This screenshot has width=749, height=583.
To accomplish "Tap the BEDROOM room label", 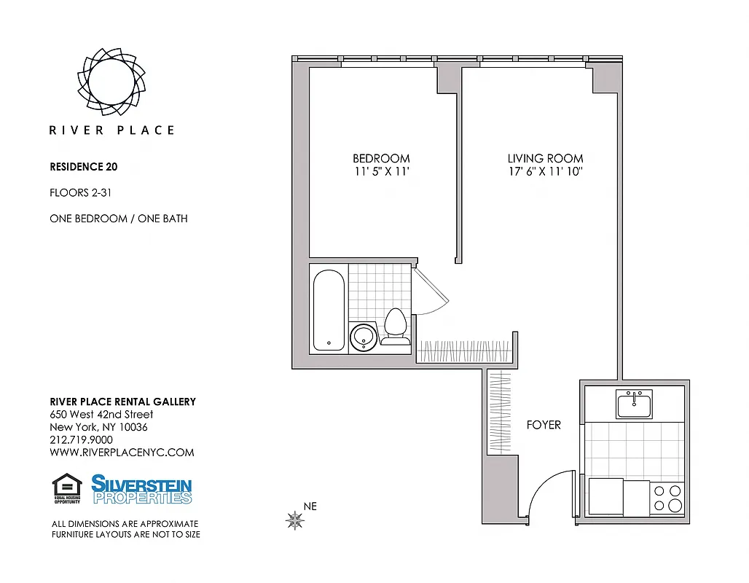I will click(x=381, y=158).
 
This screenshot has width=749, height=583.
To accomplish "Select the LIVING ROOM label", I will click(x=545, y=158).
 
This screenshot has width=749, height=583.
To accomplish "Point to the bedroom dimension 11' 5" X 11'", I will click(x=381, y=172).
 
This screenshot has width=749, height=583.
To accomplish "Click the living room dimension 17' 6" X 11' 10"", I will click(x=545, y=172).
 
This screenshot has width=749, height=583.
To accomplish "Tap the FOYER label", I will click(x=544, y=425).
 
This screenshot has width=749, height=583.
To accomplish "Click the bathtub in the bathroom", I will click(x=328, y=308).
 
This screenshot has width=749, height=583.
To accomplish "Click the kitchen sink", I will click(x=635, y=404).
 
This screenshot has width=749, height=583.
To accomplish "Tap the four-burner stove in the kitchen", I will click(x=667, y=498).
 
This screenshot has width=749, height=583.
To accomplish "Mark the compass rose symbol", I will click(x=295, y=520).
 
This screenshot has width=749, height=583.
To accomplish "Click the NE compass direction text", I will click(x=310, y=506).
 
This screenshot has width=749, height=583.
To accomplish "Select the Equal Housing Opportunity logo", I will click(x=67, y=489).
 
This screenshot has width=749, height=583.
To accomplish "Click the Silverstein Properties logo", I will click(x=141, y=489).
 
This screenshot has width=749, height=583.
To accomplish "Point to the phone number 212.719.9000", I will click(x=81, y=439).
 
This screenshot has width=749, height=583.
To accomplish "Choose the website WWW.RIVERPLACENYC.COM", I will click(x=122, y=452).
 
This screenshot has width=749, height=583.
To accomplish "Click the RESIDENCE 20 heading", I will click(x=83, y=166).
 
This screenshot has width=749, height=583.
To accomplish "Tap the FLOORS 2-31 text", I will click(x=80, y=193).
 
